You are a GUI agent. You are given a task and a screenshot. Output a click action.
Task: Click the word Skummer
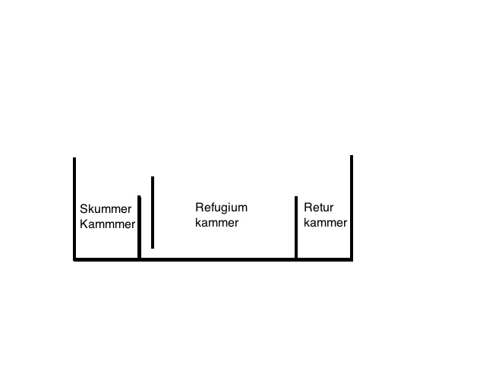tap(106, 209)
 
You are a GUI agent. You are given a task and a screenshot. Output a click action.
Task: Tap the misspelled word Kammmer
tap(108, 224)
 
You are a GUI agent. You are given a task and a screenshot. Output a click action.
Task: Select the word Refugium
tap(221, 208)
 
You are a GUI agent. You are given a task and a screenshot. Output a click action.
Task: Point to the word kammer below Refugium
tap(217, 223)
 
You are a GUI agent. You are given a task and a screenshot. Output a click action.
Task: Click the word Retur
tap(319, 208)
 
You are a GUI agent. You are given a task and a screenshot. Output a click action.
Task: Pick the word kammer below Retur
tap(326, 223)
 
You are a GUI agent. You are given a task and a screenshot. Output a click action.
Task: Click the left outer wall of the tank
tap(74, 208)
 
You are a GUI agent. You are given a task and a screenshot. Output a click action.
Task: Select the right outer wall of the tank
tap(352, 208)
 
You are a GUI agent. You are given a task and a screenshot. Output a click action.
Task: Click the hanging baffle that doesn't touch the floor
tap(153, 212)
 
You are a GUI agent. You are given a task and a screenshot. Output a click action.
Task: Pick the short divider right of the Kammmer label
tap(139, 227)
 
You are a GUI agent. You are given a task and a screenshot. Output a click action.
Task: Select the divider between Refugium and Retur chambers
tap(296, 227)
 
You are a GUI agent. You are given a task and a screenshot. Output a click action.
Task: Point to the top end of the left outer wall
tap(74, 157)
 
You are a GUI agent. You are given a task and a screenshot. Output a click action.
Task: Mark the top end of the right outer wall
tap(352, 155)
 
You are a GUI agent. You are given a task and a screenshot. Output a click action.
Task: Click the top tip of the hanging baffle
tap(153, 176)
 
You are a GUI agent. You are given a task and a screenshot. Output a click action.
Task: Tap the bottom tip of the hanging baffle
tap(153, 249)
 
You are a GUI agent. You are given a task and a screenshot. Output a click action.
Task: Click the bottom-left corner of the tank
tap(74, 260)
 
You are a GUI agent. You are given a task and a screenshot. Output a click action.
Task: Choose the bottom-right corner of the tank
tap(352, 260)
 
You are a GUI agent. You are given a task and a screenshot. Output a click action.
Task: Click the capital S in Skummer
tap(84, 209)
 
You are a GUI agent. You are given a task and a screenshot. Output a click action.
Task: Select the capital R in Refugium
tap(199, 207)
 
